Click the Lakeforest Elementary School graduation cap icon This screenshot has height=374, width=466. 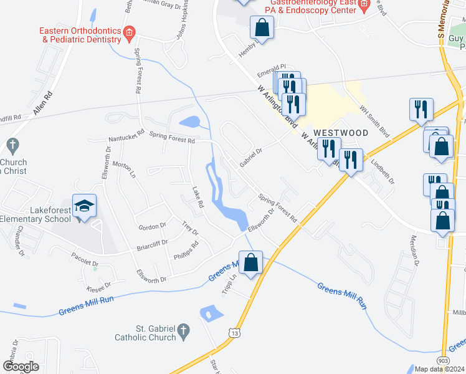pyautogui.click(x=85, y=205)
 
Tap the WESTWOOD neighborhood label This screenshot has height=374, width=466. pyautogui.click(x=341, y=133)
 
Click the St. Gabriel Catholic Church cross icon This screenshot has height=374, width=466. pyautogui.click(x=183, y=332)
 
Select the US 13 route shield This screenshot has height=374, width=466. pyautogui.click(x=234, y=333)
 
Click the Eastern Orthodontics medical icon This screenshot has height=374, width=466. pyautogui.click(x=129, y=32)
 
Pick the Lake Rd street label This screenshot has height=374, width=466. pyautogui.click(x=197, y=196)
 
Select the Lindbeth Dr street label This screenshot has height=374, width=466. pyautogui.click(x=383, y=173)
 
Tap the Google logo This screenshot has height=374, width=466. pyautogui.click(x=21, y=367)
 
